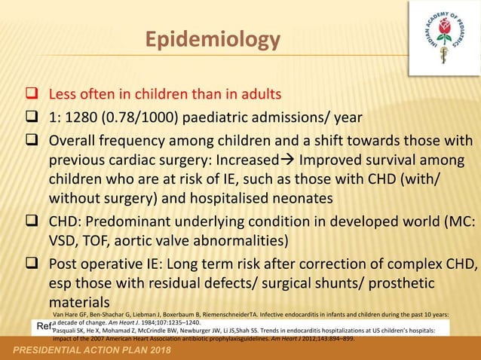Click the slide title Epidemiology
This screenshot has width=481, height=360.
(x=212, y=39)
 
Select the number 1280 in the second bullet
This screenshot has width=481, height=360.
(x=89, y=118)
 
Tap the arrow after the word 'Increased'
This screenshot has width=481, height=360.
(x=290, y=161)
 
